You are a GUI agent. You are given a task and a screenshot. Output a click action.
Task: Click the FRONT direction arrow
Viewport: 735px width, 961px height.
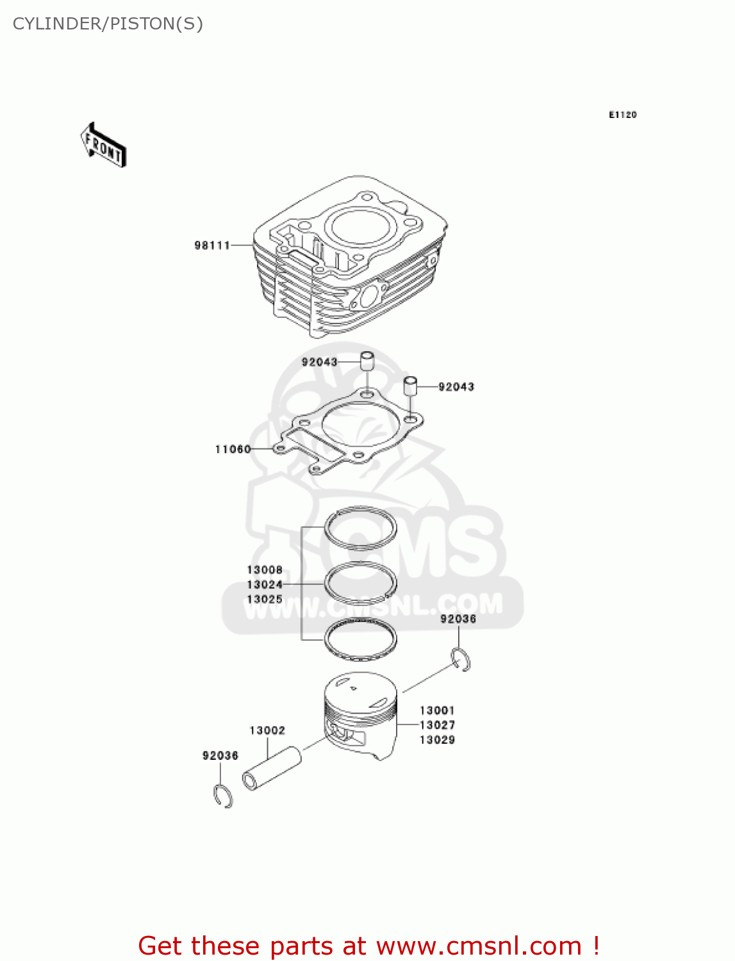(x=103, y=145)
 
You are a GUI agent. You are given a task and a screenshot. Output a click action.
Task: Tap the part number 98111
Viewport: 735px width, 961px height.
(x=212, y=245)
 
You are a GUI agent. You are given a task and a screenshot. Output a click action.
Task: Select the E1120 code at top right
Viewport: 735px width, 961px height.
(x=622, y=115)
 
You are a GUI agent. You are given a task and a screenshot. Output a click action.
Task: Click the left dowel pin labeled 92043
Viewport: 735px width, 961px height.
(x=367, y=361)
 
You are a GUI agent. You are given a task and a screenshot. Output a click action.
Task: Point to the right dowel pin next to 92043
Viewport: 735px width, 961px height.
(x=410, y=386)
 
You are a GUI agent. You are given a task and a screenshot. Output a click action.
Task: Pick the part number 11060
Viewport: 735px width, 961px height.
(x=233, y=449)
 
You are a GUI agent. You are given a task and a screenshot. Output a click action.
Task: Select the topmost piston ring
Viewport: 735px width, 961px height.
(x=361, y=528)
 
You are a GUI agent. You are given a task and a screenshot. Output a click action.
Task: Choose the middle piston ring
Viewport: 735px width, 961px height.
(x=361, y=583)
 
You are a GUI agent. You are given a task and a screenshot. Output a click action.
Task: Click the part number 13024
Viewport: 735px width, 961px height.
(x=265, y=584)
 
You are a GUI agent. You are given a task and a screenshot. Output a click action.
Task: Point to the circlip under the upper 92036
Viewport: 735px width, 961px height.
(x=461, y=660)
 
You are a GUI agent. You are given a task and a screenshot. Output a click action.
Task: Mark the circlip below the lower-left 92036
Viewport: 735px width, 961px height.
(x=222, y=796)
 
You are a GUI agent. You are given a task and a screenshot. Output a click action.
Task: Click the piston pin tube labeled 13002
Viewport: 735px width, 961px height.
(x=272, y=768)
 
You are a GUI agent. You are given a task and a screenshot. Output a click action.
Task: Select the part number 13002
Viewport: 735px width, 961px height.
(x=267, y=730)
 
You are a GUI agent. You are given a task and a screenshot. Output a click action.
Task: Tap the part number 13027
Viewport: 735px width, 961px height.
(x=437, y=725)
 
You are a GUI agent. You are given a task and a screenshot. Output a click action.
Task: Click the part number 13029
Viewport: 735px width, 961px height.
(x=437, y=739)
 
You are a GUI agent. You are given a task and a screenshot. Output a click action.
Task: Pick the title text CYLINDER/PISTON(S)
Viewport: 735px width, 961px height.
(x=108, y=24)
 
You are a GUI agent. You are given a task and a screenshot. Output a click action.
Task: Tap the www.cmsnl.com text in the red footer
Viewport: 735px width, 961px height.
(x=479, y=946)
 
